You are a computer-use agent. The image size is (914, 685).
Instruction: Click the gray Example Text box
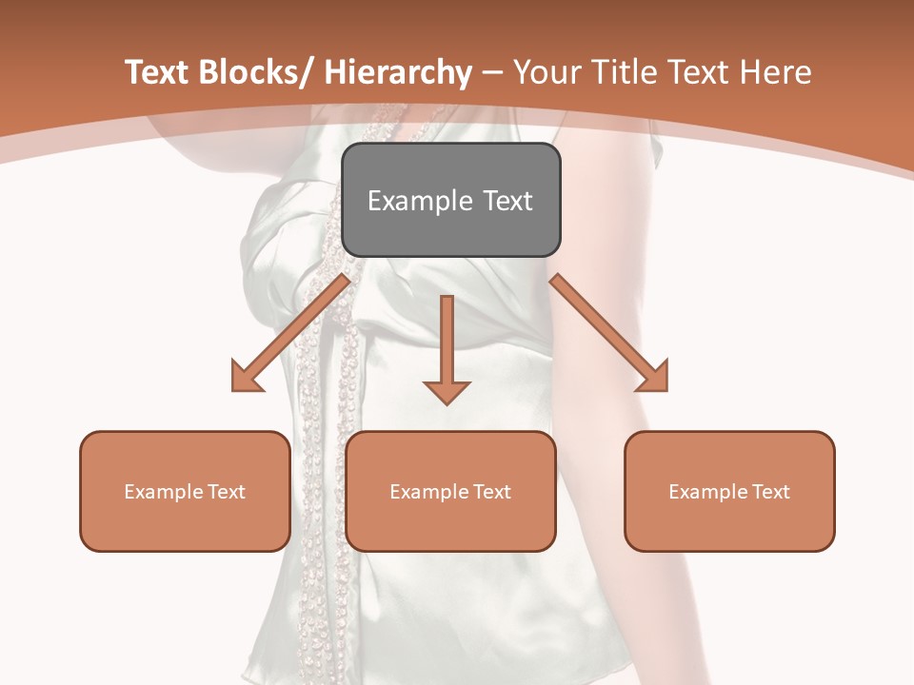[x=450, y=200]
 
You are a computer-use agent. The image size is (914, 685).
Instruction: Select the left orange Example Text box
[x=185, y=491]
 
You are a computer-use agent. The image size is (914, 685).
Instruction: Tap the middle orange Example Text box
[x=450, y=491]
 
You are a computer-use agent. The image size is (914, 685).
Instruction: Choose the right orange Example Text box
[x=729, y=491]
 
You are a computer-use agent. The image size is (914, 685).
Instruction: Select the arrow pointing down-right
[x=609, y=333]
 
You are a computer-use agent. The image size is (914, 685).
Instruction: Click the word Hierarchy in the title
[x=398, y=72]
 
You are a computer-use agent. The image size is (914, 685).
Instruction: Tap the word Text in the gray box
[x=507, y=201]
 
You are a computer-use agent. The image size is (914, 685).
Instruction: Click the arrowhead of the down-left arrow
[x=246, y=378]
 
